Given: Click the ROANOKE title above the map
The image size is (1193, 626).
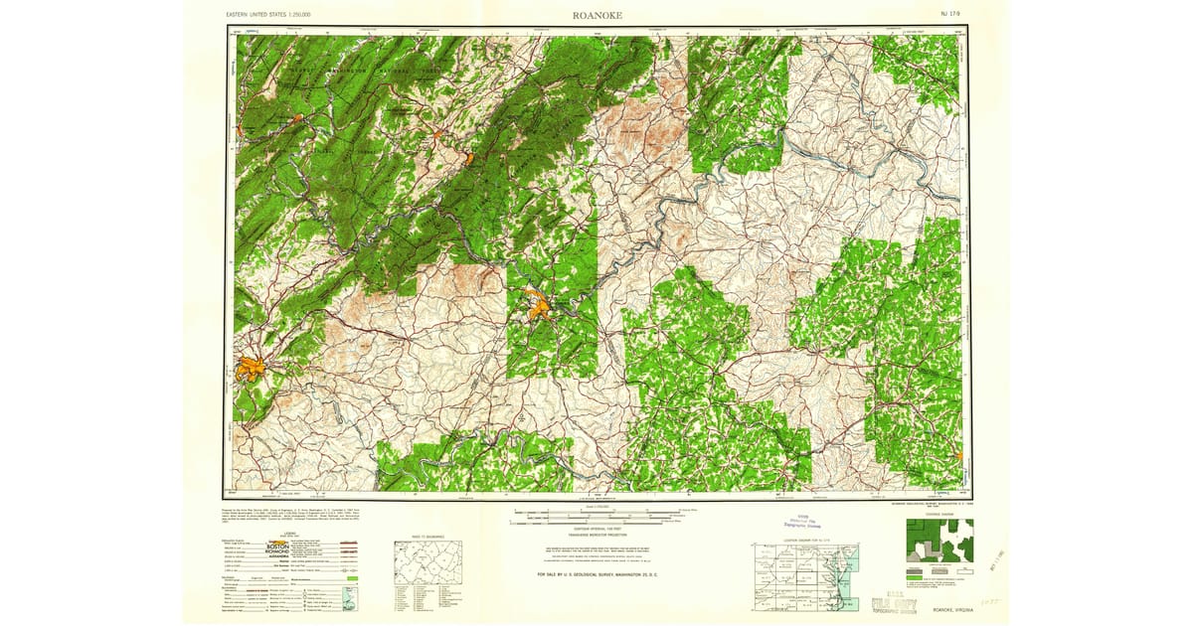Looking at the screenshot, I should [x=596, y=15].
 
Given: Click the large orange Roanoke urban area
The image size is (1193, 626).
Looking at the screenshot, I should [x=252, y=370].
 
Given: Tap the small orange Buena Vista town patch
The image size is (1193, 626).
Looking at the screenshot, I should [x=467, y=157].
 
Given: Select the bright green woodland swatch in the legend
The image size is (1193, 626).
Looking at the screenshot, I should [x=351, y=574].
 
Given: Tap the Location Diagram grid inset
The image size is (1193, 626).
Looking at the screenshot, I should [x=805, y=577].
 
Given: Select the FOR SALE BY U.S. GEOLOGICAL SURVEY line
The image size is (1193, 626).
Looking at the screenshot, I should [x=596, y=575].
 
